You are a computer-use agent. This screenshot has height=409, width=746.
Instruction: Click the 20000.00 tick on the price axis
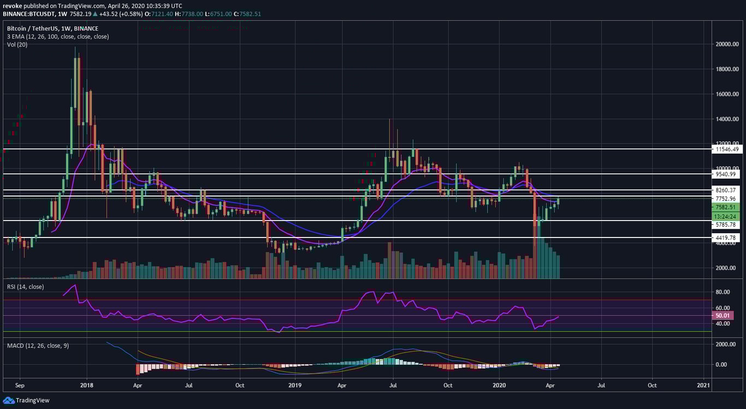729,44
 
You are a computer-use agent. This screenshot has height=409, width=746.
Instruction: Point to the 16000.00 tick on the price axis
729,94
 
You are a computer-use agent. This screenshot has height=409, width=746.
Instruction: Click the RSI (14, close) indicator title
25,287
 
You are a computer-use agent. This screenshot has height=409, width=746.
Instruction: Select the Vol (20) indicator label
17,44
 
